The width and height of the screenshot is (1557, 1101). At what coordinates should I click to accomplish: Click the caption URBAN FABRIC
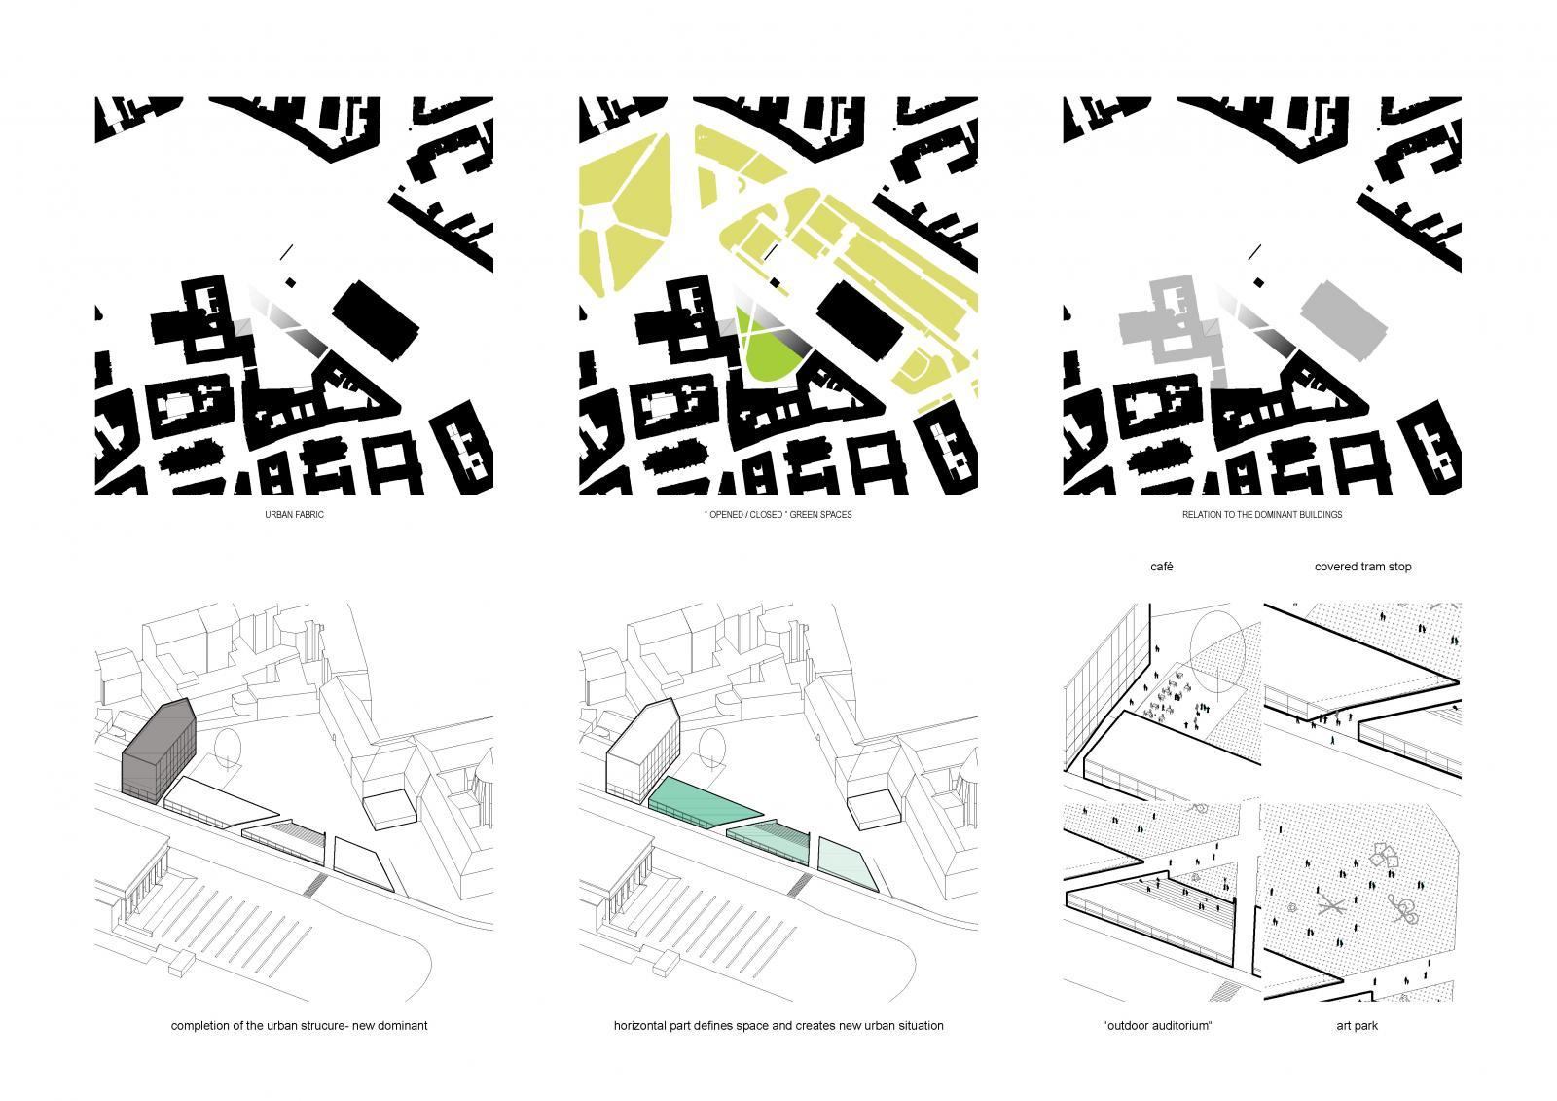point(294,515)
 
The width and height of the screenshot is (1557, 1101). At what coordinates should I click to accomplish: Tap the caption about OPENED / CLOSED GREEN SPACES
point(778,515)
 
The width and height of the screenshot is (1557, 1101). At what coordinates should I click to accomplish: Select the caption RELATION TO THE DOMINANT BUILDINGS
point(1261,515)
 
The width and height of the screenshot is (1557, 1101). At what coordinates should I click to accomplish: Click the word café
point(1162,567)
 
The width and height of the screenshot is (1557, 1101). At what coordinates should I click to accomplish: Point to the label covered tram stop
point(1362,567)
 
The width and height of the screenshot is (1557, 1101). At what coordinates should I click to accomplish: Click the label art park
point(1357,1025)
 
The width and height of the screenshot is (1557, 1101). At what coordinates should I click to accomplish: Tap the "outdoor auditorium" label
point(1157,1025)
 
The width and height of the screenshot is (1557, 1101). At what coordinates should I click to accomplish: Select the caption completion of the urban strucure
point(299,1025)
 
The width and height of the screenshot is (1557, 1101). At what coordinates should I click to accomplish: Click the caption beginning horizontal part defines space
point(778,1025)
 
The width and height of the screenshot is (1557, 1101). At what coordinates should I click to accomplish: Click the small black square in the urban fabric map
point(291,282)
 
